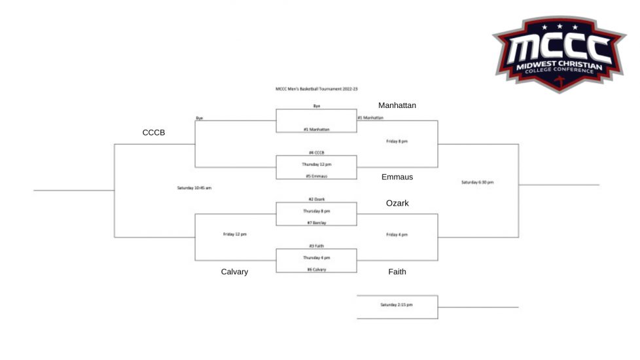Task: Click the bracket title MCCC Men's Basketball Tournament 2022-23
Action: (x=316, y=88)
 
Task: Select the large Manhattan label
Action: (x=397, y=105)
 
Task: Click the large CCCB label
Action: (x=154, y=133)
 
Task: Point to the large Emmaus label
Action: (x=397, y=177)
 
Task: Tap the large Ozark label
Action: (x=397, y=204)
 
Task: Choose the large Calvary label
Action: (x=234, y=272)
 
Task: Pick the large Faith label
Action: (x=397, y=272)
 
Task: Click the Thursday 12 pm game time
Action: (x=316, y=164)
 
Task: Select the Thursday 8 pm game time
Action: (x=316, y=211)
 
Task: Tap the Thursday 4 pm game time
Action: (x=316, y=258)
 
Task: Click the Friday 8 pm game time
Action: (x=397, y=141)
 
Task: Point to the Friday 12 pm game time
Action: (x=234, y=234)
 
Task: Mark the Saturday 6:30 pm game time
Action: (x=477, y=182)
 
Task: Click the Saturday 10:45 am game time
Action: (x=194, y=188)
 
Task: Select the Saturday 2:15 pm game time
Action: (x=397, y=304)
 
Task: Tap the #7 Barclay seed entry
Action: (x=316, y=223)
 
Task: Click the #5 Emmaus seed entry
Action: (x=316, y=176)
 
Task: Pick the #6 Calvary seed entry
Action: (x=316, y=270)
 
